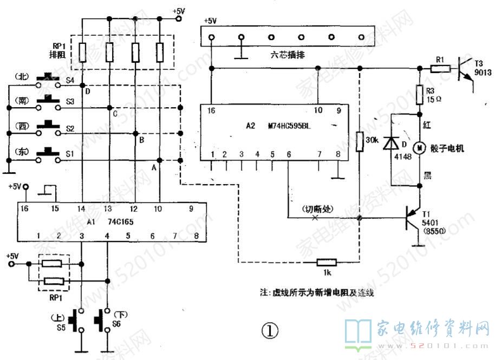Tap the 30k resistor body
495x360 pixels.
pyautogui.click(x=359, y=141)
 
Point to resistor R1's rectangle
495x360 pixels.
pyautogui.click(x=440, y=69)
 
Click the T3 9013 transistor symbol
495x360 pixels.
pyautogui.click(x=465, y=69)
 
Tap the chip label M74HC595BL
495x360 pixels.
pyautogui.click(x=291, y=127)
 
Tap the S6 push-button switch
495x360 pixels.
pyautogui.click(x=101, y=322)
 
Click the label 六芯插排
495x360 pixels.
pyautogui.click(x=286, y=54)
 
